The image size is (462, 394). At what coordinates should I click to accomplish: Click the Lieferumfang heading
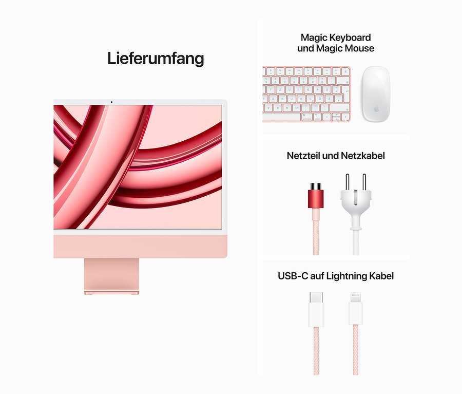156,59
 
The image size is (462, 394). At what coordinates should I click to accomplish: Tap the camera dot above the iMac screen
111,102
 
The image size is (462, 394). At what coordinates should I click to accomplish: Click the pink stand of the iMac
111,276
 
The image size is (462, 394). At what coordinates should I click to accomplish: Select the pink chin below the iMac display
140,247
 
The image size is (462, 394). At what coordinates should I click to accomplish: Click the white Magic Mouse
376,94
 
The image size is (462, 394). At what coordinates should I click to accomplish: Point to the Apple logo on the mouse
376,109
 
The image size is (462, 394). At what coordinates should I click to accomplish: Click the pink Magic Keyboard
306,94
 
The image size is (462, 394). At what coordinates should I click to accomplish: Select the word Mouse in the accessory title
359,48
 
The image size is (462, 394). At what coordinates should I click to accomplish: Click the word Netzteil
303,156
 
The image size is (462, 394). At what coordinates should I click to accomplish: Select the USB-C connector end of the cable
316,309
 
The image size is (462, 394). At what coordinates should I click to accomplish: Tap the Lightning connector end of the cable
356,308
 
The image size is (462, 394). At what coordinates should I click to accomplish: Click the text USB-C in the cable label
293,276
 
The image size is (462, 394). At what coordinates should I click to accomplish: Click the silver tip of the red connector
316,186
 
